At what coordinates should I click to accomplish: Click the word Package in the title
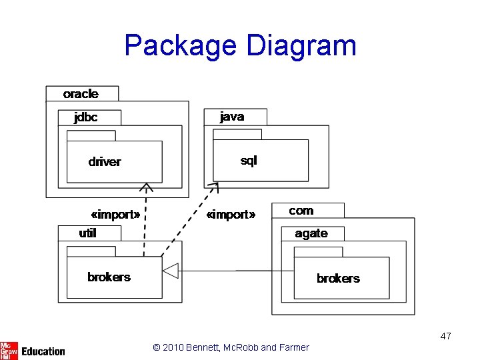(181, 46)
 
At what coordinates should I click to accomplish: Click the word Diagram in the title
(301, 46)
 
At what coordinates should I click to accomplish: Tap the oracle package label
(81, 94)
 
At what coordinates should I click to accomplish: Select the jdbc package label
(86, 117)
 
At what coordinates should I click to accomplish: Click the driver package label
(105, 162)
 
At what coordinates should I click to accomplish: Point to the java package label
(232, 117)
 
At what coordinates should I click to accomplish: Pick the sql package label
(249, 161)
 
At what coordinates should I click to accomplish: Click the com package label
(301, 211)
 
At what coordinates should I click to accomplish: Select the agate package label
(311, 233)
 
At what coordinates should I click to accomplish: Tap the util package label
(87, 233)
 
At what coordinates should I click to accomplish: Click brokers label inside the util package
(109, 277)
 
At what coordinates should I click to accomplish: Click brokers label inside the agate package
(338, 279)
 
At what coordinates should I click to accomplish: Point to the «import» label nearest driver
(115, 215)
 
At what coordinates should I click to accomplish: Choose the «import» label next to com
(231, 215)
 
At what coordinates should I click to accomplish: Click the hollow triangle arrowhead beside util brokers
(171, 271)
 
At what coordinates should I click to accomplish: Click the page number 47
(446, 336)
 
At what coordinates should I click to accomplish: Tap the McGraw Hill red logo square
(9, 351)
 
